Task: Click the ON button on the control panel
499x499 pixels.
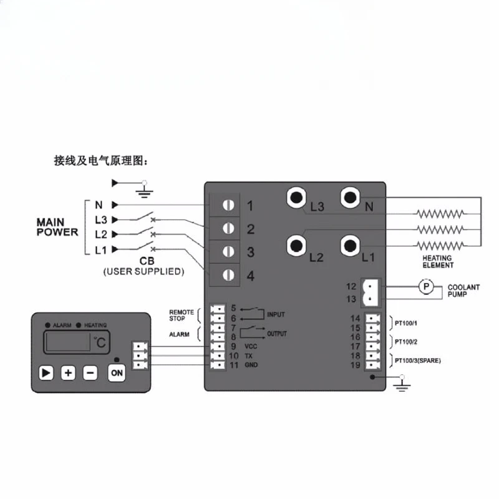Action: [117, 372]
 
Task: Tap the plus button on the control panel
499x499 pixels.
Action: [68, 372]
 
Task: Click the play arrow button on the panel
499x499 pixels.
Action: [46, 372]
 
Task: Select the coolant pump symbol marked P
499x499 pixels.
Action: [426, 287]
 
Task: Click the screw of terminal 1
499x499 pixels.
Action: [228, 205]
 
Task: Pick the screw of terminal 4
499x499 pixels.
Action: [228, 275]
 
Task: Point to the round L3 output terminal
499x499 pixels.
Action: [297, 198]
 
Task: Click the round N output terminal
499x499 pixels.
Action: [351, 198]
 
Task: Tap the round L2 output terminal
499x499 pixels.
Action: [297, 246]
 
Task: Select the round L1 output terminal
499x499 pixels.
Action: [351, 246]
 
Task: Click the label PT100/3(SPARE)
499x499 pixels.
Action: [417, 361]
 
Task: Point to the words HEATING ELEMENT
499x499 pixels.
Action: [438, 261]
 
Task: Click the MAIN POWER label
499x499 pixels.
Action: [57, 227]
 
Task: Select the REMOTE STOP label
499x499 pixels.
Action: [182, 316]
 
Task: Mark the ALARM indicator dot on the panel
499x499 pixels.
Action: [48, 325]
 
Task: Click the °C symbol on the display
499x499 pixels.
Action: [100, 342]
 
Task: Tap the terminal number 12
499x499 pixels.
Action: [351, 286]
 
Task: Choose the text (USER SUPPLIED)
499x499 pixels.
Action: [143, 271]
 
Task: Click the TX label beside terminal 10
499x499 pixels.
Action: [248, 356]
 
